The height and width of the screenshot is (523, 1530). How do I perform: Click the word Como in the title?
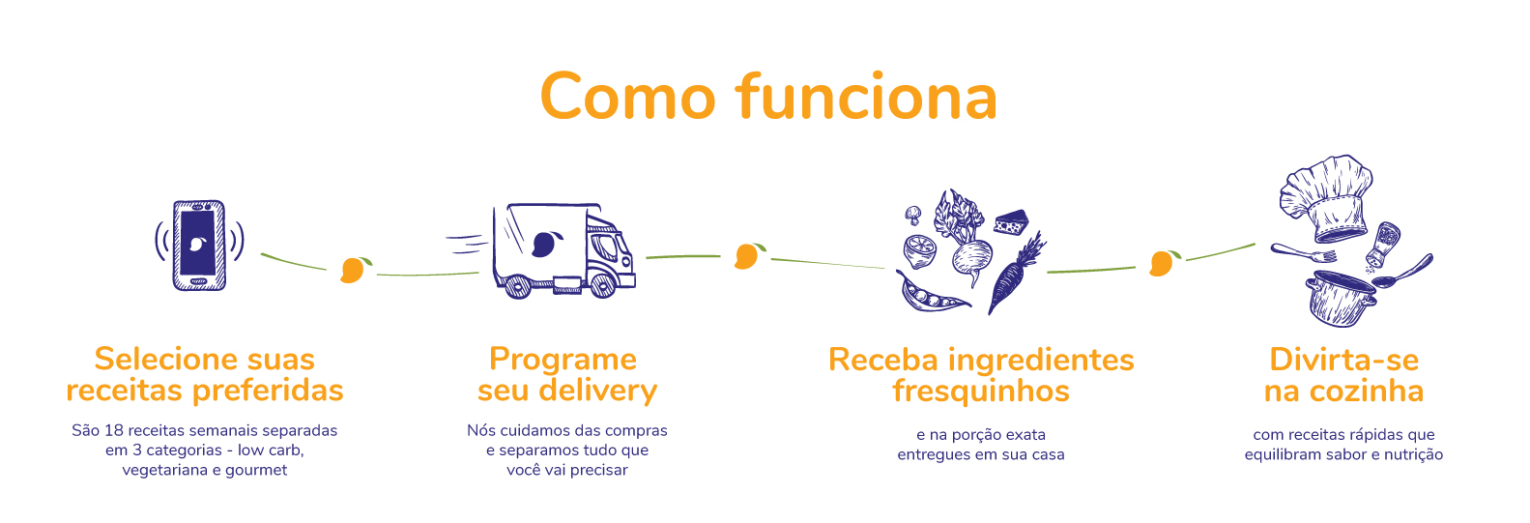coord(627,98)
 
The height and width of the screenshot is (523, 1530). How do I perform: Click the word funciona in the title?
coord(866,98)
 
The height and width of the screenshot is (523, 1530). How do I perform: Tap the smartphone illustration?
coord(199,245)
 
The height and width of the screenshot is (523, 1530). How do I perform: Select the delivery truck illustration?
coord(563,250)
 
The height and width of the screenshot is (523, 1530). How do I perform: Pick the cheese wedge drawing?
coord(1012,223)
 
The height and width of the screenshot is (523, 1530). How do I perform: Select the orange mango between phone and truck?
coord(354,269)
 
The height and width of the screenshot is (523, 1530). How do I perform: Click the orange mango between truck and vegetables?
coord(747,255)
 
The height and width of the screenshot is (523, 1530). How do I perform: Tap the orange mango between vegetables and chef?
coord(1163,262)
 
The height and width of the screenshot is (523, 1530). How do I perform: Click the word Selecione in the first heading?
coord(156,360)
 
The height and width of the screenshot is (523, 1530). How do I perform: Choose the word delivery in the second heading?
coord(597,391)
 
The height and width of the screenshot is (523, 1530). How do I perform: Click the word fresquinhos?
coord(980,392)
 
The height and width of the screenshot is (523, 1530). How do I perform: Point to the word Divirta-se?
coord(1343,360)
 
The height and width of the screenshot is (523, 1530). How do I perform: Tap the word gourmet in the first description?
coord(256,470)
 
